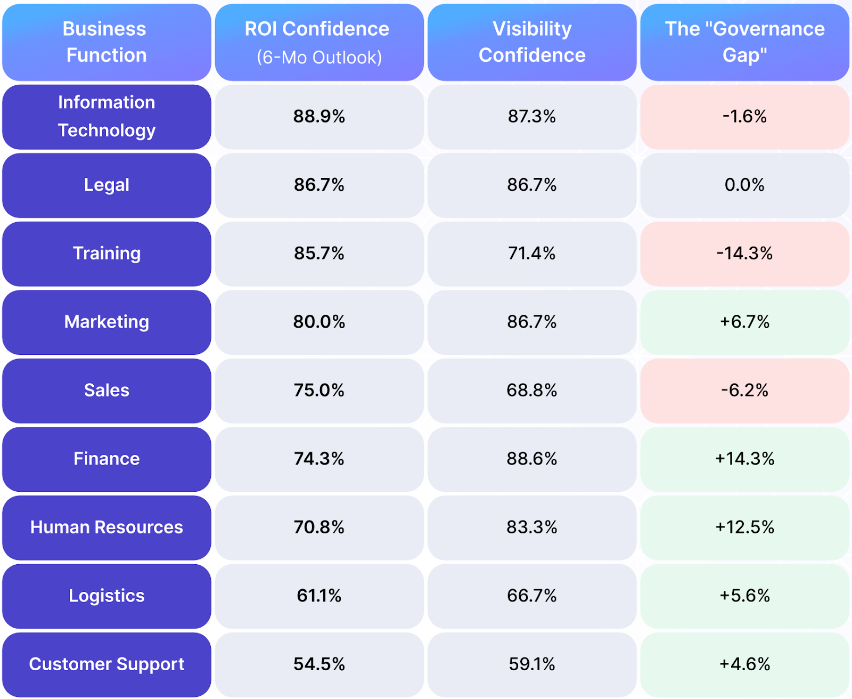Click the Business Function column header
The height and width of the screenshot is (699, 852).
click(106, 42)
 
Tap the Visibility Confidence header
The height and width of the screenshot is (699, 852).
click(532, 42)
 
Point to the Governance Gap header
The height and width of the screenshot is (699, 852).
click(744, 42)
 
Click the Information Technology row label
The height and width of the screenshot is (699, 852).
click(106, 117)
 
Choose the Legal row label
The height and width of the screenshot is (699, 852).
click(106, 185)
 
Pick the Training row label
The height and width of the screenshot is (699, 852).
click(106, 254)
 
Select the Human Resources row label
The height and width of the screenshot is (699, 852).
click(106, 527)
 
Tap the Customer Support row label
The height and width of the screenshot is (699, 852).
click(106, 664)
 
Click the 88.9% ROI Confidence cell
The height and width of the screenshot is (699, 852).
click(319, 117)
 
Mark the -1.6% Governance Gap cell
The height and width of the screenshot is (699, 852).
click(744, 117)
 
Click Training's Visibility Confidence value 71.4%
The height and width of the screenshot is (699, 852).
click(532, 254)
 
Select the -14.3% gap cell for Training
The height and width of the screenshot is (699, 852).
click(744, 254)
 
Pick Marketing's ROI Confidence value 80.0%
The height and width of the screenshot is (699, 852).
click(319, 322)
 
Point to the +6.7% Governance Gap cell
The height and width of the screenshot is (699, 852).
click(744, 322)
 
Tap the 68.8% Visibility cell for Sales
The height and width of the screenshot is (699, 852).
click(532, 391)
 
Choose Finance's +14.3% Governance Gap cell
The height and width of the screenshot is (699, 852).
click(744, 459)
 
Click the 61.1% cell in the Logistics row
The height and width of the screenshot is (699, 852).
click(319, 596)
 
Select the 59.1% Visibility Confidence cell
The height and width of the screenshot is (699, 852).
click(532, 664)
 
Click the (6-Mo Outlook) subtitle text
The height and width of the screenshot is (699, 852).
click(319, 58)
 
